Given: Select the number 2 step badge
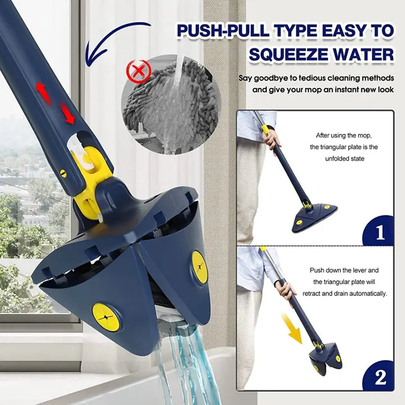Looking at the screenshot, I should (x=379, y=376).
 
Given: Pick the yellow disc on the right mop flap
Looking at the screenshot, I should (x=199, y=267).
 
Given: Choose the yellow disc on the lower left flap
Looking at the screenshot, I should (x=106, y=317).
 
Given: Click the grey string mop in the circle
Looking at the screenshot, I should (x=169, y=104).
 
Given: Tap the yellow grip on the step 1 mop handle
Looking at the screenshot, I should (x=265, y=129).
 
